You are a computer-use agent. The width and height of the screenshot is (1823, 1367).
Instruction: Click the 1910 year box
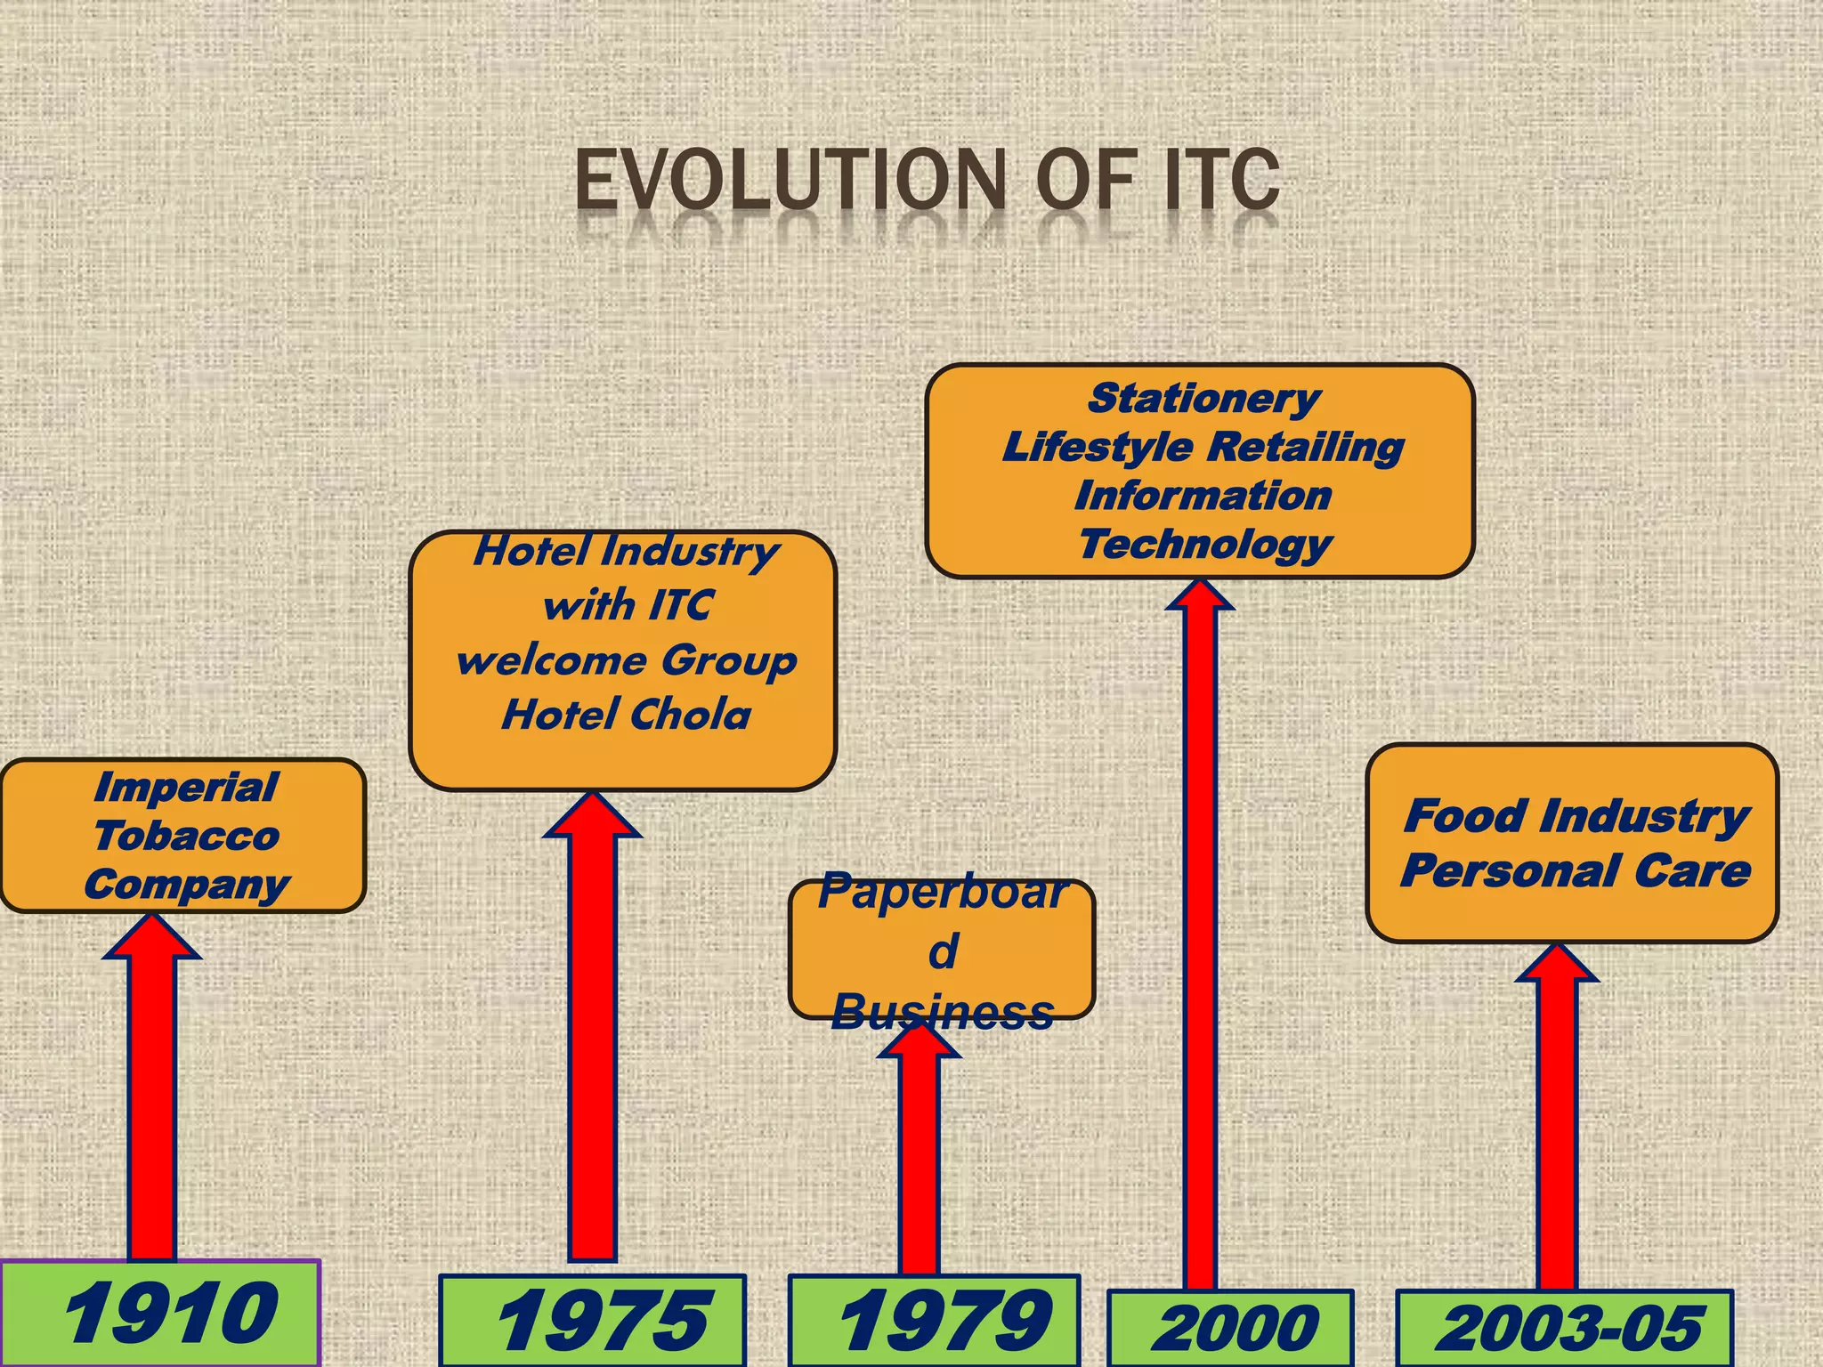pyautogui.click(x=160, y=1314)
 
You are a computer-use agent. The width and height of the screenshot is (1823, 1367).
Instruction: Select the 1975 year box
pyautogui.click(x=592, y=1321)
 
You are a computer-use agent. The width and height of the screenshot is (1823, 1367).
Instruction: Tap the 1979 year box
pyautogui.click(x=934, y=1321)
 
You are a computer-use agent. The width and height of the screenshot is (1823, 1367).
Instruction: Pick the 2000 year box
pyautogui.click(x=1231, y=1329)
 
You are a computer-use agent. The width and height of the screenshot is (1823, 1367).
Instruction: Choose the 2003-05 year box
pyautogui.click(x=1564, y=1329)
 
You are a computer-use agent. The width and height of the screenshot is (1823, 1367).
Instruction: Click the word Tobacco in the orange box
pyautogui.click(x=186, y=836)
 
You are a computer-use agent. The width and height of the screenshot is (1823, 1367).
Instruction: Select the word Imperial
pyautogui.click(x=186, y=788)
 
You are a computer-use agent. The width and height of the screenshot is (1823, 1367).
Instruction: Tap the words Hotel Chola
pyautogui.click(x=626, y=715)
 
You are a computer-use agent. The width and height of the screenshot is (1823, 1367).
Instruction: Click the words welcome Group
pyautogui.click(x=626, y=660)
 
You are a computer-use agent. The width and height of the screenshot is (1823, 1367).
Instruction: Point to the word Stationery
pyautogui.click(x=1203, y=398)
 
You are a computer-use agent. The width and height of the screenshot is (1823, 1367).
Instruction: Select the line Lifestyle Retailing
pyautogui.click(x=1203, y=447)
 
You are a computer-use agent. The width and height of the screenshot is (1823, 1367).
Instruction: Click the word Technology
pyautogui.click(x=1205, y=544)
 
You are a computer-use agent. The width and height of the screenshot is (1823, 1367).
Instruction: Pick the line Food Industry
pyautogui.click(x=1576, y=815)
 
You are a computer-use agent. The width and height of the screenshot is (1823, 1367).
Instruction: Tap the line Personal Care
pyautogui.click(x=1576, y=870)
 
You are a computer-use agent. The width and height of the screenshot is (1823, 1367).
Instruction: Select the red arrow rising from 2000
pyautogui.click(x=1200, y=934)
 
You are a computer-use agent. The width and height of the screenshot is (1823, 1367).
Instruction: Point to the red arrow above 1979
pyautogui.click(x=919, y=1157)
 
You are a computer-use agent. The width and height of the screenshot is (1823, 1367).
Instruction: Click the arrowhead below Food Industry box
pyautogui.click(x=1557, y=965)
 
